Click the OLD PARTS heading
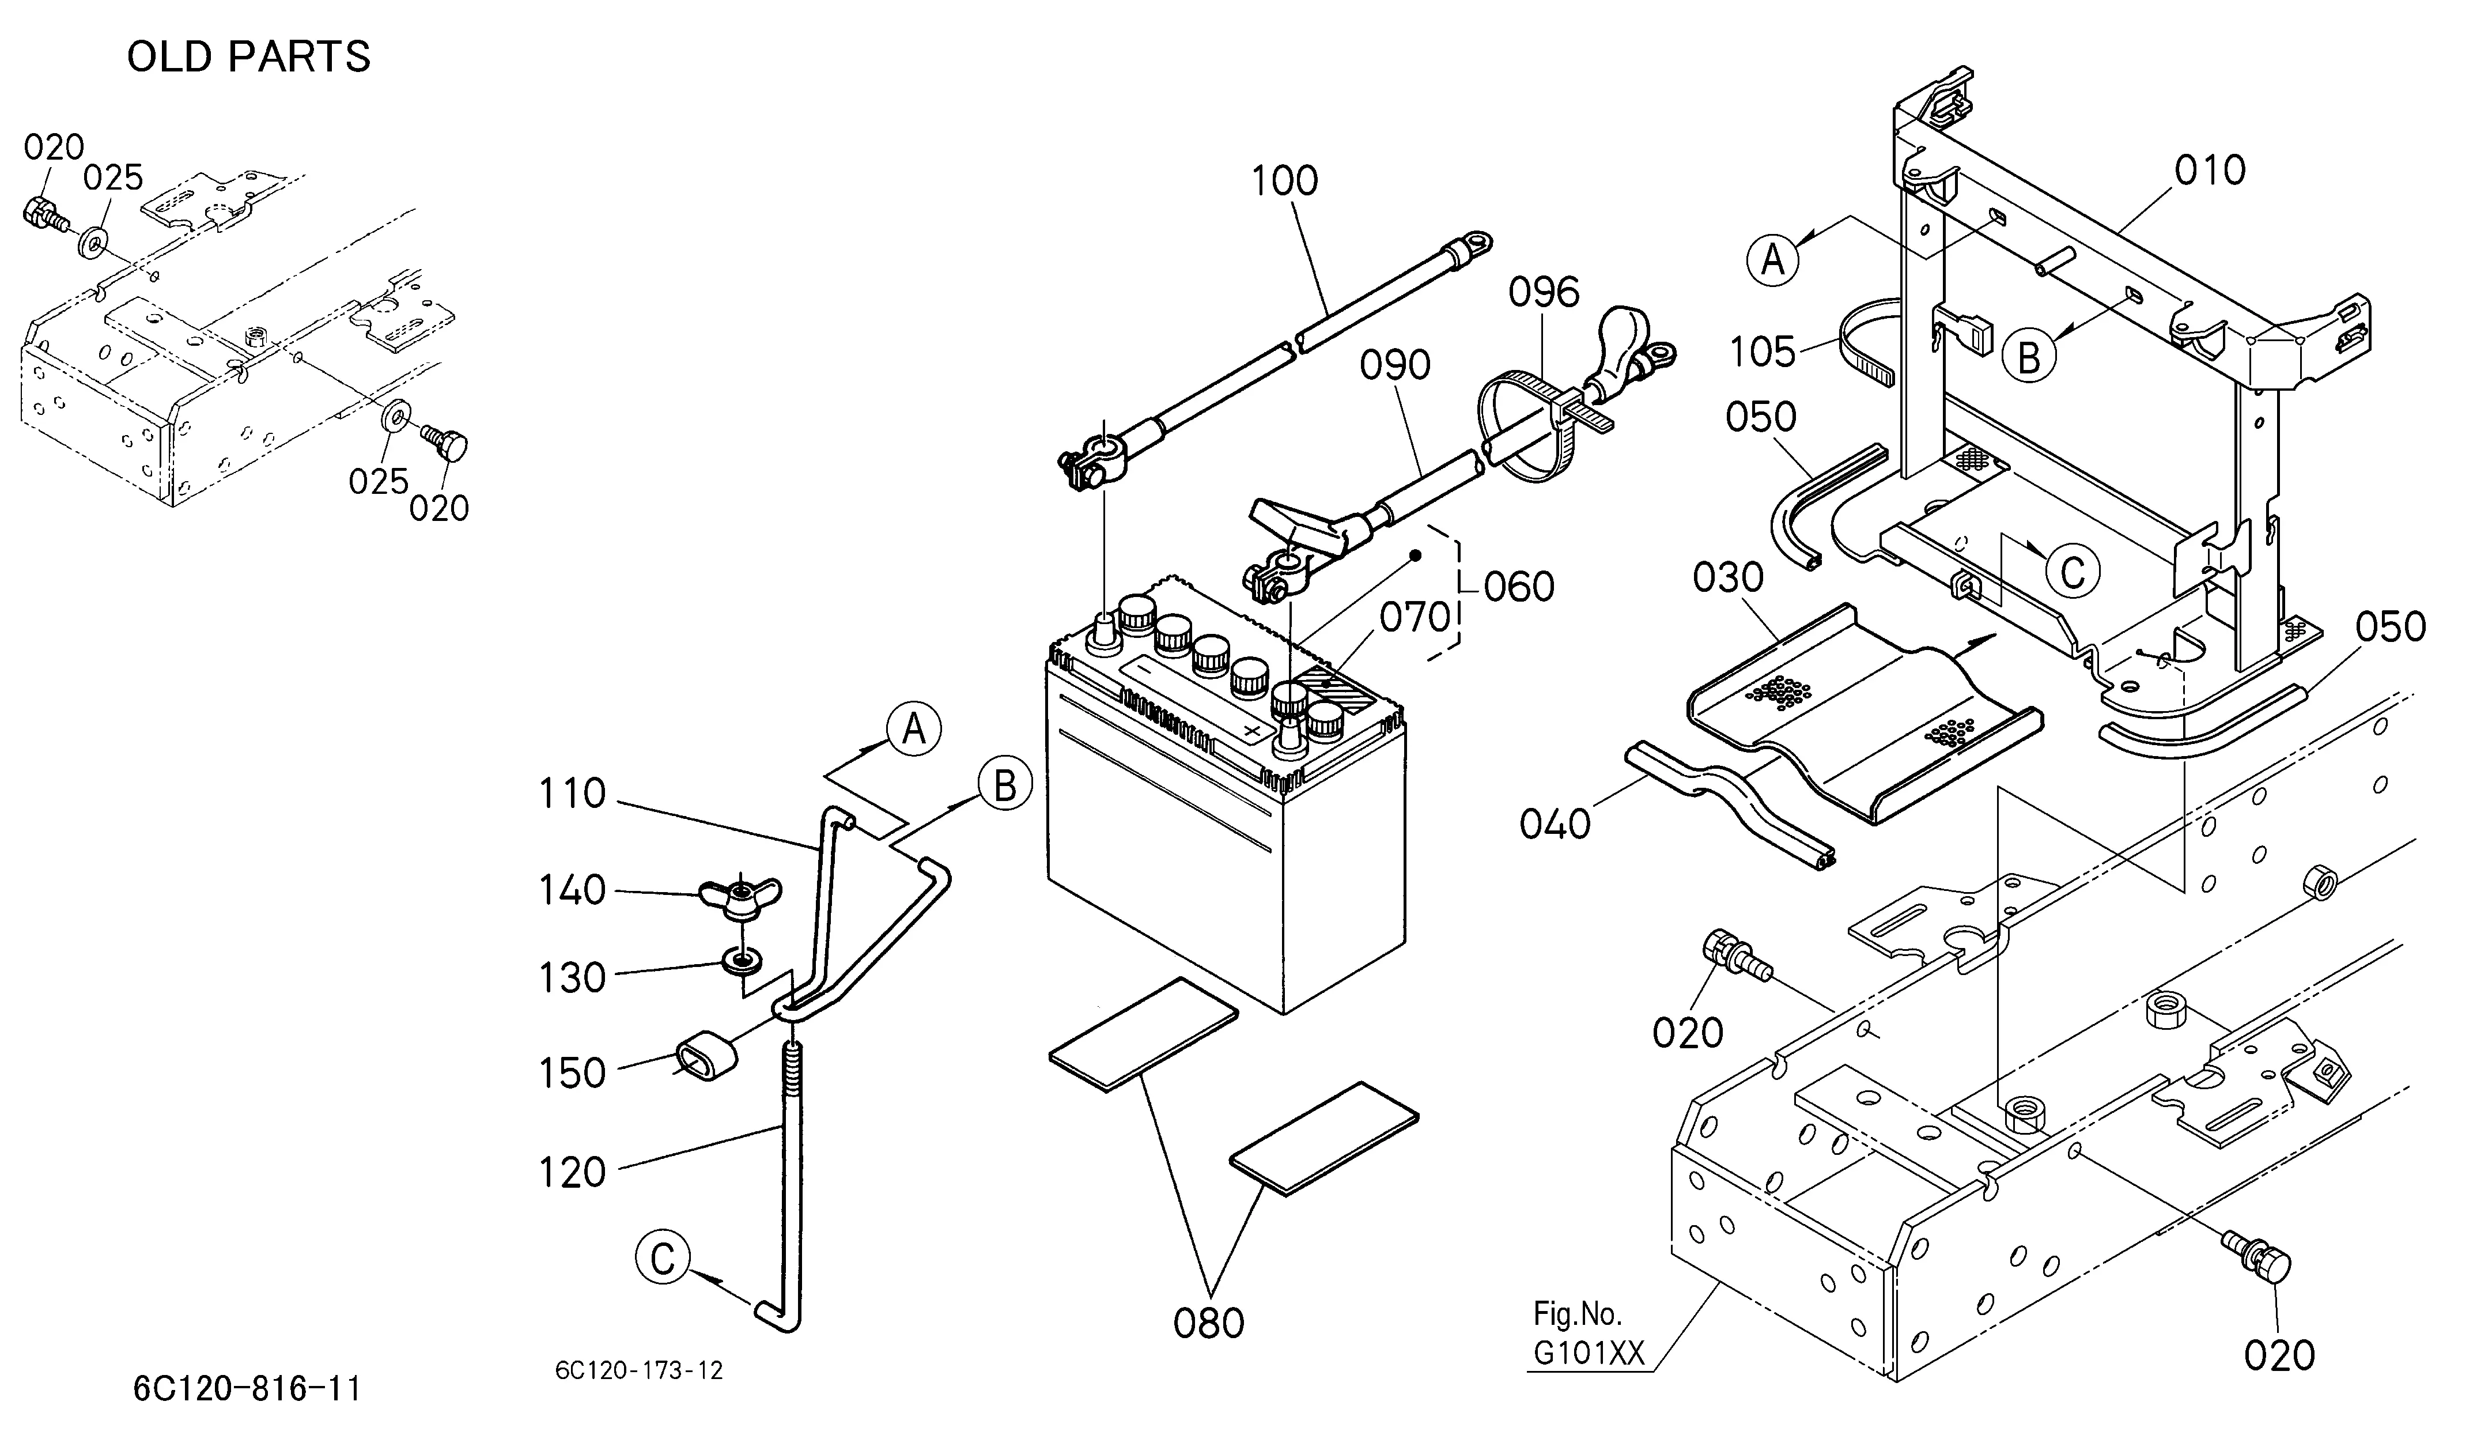point(249,57)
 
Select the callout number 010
point(2210,171)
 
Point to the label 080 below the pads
point(1208,1323)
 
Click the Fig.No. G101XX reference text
point(1589,1333)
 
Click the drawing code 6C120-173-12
point(639,1370)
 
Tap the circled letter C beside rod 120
point(664,1259)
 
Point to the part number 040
point(1555,824)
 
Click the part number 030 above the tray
point(1728,578)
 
